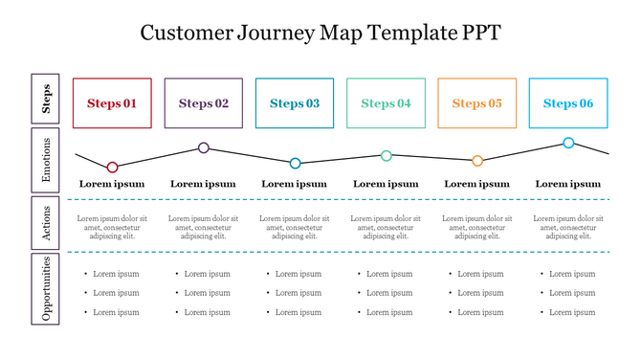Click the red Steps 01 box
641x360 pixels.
(112, 103)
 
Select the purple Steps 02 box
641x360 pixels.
(204, 103)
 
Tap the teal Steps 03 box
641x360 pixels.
(295, 103)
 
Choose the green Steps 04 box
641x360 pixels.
(386, 103)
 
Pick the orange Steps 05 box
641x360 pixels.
(476, 103)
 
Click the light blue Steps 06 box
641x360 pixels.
(568, 103)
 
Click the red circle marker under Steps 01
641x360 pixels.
(113, 168)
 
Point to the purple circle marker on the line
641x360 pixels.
(204, 147)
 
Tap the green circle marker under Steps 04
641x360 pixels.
(387, 155)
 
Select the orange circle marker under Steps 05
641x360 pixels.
(477, 161)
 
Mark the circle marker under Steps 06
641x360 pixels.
(568, 143)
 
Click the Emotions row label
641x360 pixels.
(46, 160)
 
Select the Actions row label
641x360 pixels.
(46, 222)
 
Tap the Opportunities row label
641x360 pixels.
(46, 289)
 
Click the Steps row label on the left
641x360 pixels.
(46, 99)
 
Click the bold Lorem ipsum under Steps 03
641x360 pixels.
(295, 184)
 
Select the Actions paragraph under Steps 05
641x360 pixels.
(476, 227)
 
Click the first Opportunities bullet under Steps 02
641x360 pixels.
(207, 274)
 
